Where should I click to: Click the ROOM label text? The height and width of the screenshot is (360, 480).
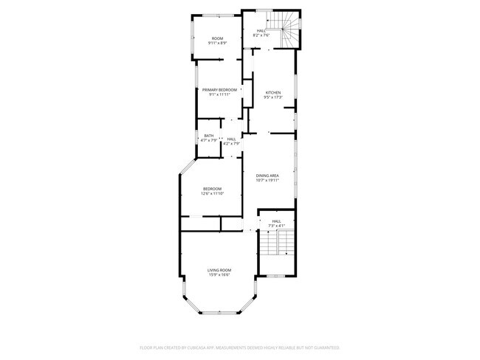pos(218,38)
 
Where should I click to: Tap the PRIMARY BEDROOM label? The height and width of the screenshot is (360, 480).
pos(220,90)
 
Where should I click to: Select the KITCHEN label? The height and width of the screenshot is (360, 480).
pos(273,92)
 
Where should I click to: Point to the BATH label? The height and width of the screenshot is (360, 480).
pos(209,136)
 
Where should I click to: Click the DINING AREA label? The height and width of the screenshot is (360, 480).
pos(267,175)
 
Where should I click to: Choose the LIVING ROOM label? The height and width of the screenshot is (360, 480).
pos(219,270)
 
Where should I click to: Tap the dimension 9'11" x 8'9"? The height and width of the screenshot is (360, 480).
pos(218,43)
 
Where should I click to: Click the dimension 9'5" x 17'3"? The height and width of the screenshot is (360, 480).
pos(273,97)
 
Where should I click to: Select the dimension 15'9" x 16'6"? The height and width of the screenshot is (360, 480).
pos(219,274)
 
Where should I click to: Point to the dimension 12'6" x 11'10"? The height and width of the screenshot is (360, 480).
pos(213,193)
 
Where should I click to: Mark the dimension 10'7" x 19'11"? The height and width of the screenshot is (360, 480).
pos(267,179)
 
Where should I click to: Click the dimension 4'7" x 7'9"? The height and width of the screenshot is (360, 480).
pos(209,140)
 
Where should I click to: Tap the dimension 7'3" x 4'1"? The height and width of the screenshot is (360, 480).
pos(276,225)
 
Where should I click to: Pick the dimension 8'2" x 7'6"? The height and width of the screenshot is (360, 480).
pos(261,35)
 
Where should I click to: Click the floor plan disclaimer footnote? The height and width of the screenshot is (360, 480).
pos(239,347)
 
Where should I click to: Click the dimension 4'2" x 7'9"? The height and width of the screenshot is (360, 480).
pos(231,143)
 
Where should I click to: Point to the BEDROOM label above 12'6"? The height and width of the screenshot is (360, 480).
pos(213,189)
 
